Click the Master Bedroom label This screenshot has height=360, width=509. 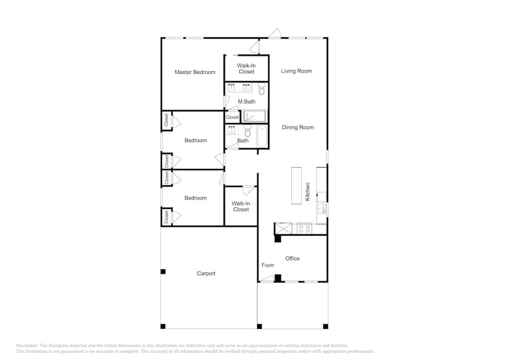point(195,72)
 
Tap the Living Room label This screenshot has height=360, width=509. point(296,71)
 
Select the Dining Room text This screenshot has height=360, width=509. point(298,127)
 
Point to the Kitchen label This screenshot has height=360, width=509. point(307,191)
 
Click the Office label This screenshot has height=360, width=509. point(292,258)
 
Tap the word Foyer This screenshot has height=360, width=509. point(268,265)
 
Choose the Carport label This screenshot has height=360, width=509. point(206,273)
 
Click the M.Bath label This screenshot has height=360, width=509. point(246,102)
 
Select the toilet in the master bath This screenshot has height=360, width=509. point(262,89)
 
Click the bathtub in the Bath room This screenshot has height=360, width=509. point(262,136)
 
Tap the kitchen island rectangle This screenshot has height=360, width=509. point(296,186)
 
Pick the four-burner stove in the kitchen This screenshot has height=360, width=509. point(304,229)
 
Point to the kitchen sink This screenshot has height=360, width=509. point(321,209)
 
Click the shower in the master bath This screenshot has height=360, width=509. point(254,117)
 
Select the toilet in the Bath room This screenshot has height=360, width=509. point(248,131)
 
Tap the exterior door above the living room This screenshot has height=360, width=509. point(275,34)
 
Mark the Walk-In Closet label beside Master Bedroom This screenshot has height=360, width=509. point(246,69)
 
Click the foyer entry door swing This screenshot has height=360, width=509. point(267,279)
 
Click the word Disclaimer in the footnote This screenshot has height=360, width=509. point(26,346)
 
